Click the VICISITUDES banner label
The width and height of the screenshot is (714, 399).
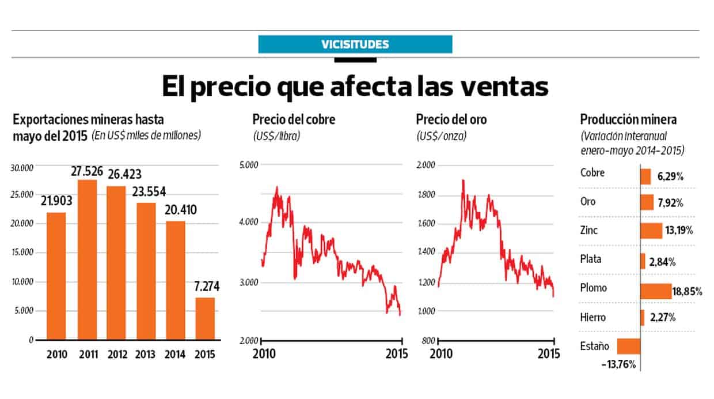coord(355,44)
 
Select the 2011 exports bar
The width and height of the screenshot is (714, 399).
coord(87,259)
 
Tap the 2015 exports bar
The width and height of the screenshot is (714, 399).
coord(206,318)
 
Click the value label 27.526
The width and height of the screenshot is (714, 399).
coord(86,171)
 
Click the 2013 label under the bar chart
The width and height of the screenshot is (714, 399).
coord(146,354)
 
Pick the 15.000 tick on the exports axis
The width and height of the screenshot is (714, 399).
coord(24,253)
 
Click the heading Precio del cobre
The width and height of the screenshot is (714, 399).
coord(294,120)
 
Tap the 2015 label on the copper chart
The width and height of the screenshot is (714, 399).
coord(396,353)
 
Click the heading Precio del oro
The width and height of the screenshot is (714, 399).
coord(451,120)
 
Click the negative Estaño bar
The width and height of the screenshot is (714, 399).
coord(628,346)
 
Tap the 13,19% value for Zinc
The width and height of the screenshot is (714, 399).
coord(679,231)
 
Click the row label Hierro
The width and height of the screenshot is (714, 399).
coord(593,318)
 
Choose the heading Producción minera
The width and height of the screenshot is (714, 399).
coord(628,120)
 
